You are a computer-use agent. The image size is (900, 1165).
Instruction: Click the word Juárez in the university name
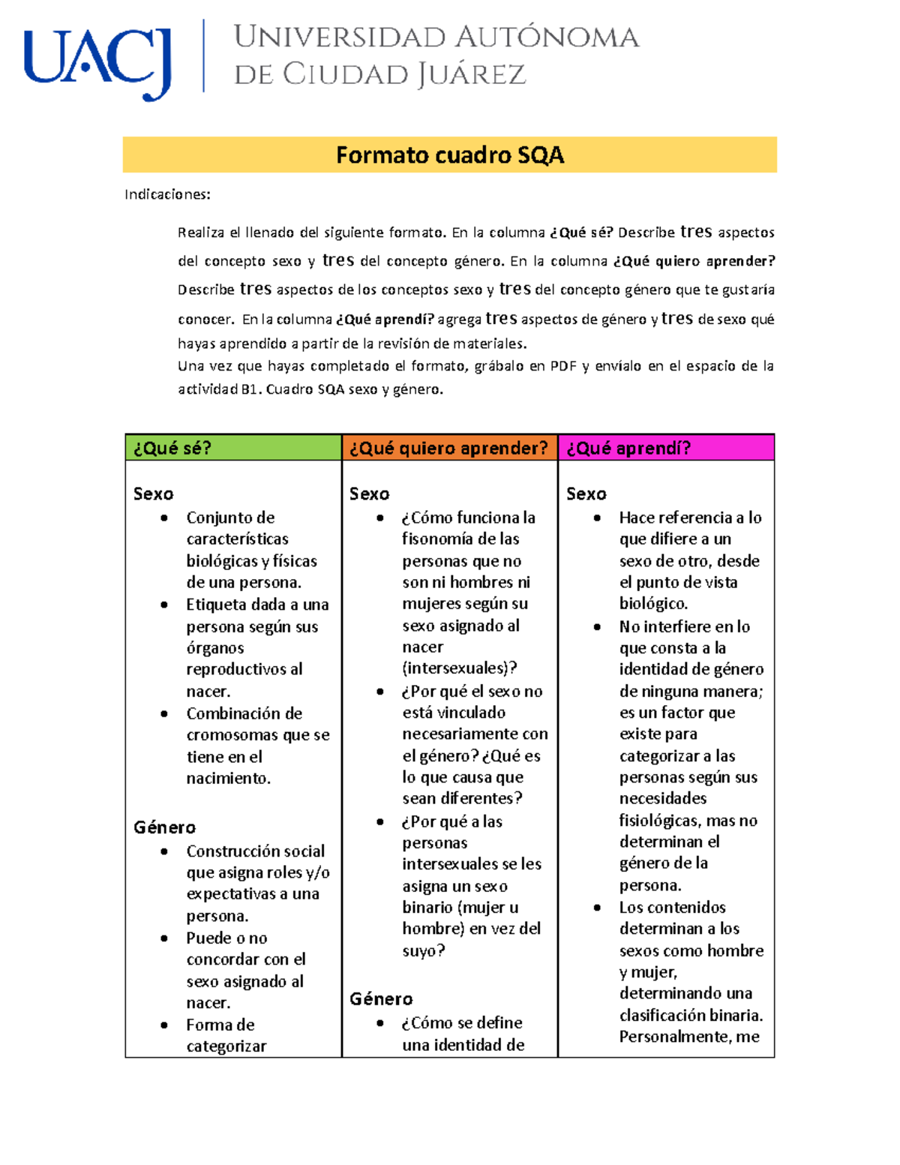click(472, 75)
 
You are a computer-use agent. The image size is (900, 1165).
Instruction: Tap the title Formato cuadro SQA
click(449, 155)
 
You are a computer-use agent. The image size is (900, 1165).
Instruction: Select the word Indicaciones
click(166, 195)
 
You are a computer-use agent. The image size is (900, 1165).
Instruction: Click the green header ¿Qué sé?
click(172, 448)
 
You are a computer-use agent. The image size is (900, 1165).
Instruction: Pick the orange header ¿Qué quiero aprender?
click(448, 448)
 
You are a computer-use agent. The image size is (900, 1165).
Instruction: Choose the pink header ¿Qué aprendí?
click(628, 448)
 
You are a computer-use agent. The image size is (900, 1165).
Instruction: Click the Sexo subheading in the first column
click(153, 494)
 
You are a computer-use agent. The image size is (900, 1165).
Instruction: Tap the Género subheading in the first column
click(164, 827)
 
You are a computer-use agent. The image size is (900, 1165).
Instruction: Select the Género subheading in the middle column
click(381, 999)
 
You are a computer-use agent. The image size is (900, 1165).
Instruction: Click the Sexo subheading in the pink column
click(586, 494)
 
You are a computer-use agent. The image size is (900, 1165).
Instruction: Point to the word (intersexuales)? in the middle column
click(459, 668)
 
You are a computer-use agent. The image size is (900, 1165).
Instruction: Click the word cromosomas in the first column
click(232, 735)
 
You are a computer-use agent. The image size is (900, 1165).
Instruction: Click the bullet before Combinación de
click(164, 713)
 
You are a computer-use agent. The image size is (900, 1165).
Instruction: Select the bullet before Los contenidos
click(597, 908)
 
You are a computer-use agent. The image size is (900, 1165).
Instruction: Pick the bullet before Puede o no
click(164, 938)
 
